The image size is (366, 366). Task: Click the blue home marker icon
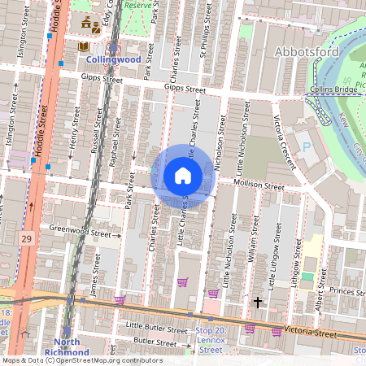[x=183, y=176]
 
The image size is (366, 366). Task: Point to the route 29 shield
[x=28, y=238]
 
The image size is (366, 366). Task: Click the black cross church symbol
[x=258, y=303]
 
